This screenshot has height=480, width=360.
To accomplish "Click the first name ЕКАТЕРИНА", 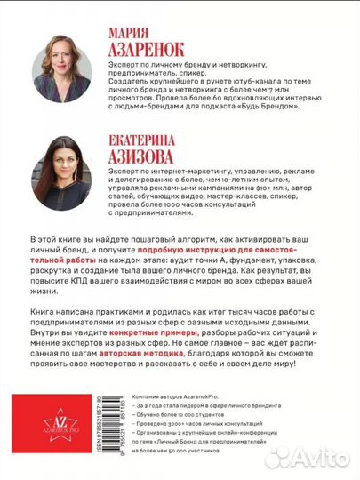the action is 148,128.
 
